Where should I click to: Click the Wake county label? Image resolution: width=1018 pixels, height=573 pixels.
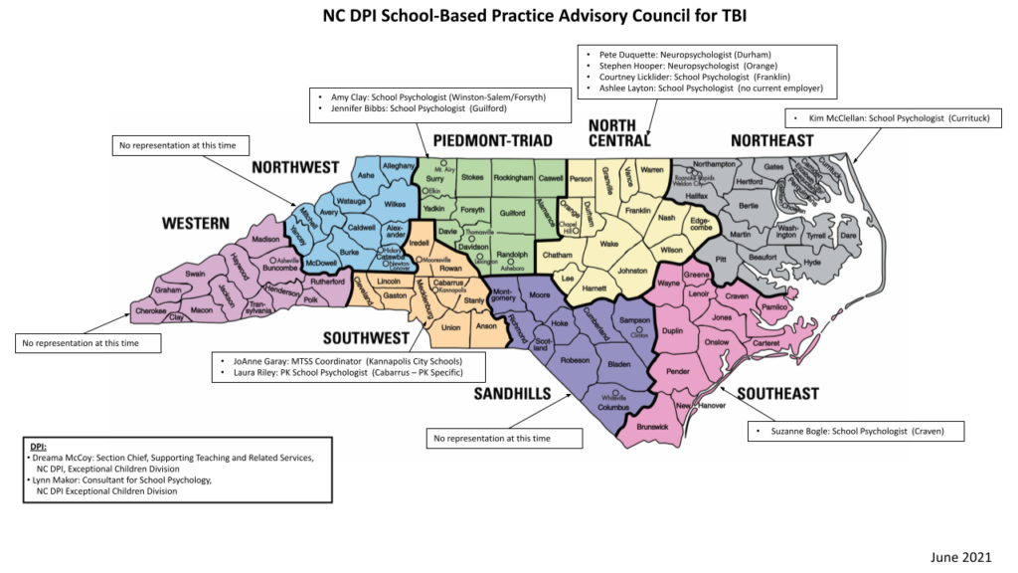point(609,243)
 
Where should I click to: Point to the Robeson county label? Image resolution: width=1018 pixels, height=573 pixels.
point(576,360)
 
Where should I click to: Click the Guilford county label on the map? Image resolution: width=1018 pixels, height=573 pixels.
point(512,213)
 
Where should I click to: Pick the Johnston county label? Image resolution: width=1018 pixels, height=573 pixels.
point(631,270)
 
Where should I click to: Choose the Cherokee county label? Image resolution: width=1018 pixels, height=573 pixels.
point(150,310)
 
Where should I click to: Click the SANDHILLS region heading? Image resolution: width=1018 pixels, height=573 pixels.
point(513,394)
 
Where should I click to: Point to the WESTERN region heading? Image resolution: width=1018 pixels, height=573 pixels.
point(197,224)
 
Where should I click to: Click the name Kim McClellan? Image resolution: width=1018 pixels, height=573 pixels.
point(837,118)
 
